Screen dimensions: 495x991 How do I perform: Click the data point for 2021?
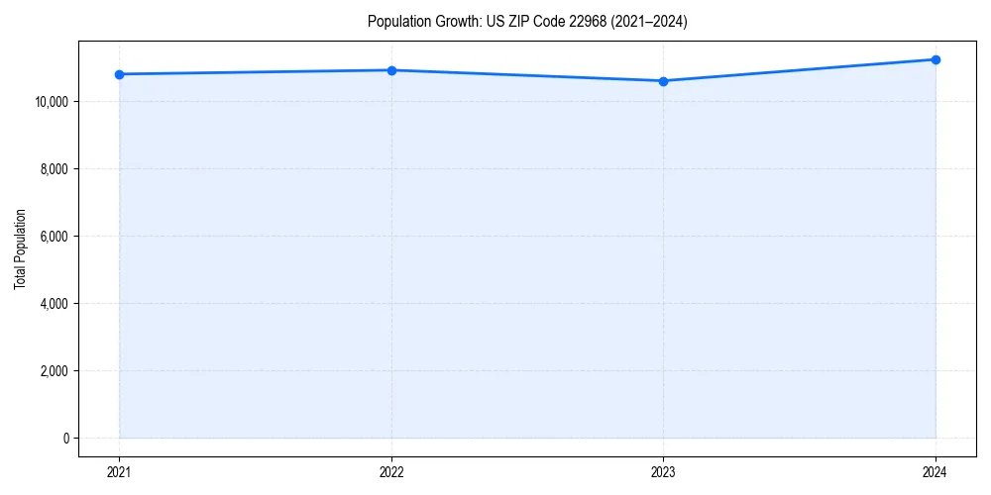tap(119, 74)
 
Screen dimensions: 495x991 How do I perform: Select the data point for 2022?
tap(391, 70)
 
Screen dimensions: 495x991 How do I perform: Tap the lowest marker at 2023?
tap(663, 81)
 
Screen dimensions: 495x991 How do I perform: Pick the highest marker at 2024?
tap(936, 59)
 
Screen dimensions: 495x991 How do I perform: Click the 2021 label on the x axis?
tap(119, 472)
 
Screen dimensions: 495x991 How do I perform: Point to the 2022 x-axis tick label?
tap(391, 472)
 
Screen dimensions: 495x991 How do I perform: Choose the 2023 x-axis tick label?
tap(663, 472)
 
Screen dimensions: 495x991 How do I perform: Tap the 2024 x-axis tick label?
tap(936, 472)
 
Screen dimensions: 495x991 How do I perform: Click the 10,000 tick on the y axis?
tap(50, 102)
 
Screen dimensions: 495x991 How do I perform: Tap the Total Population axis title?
tap(20, 248)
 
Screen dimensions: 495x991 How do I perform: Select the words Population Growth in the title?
tap(423, 22)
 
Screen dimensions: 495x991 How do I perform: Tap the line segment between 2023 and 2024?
tap(799, 70)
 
